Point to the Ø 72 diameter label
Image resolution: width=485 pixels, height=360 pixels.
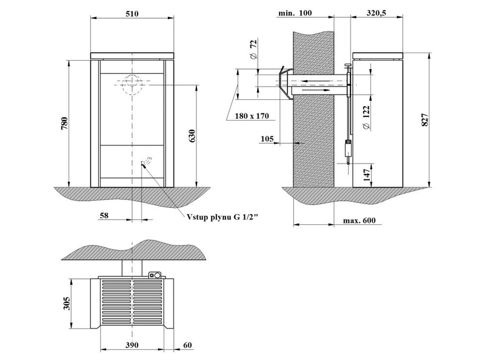pyautogui.click(x=253, y=48)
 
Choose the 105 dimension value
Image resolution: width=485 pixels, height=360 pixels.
pyautogui.click(x=266, y=139)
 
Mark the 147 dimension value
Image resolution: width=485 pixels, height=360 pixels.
pyautogui.click(x=366, y=175)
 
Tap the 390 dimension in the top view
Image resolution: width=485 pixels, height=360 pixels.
pyautogui.click(x=132, y=344)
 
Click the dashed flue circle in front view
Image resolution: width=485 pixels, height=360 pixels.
pyautogui.click(x=132, y=85)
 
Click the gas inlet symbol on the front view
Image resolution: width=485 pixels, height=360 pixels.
pyautogui.click(x=145, y=161)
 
